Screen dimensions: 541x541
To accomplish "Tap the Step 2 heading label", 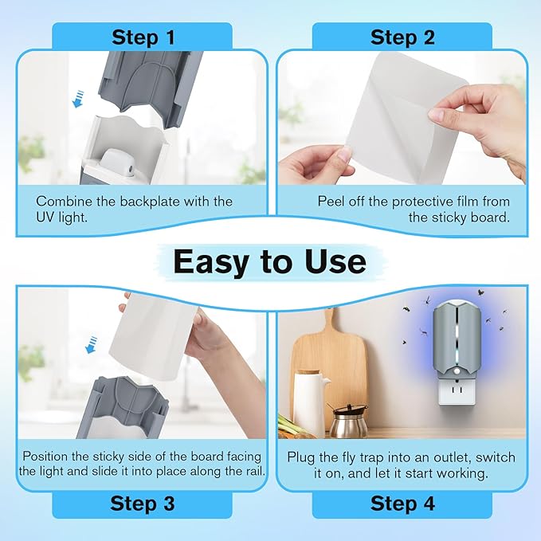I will (x=402, y=37).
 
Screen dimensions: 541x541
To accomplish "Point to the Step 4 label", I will (x=402, y=504).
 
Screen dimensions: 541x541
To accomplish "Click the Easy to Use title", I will (x=270, y=261).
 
